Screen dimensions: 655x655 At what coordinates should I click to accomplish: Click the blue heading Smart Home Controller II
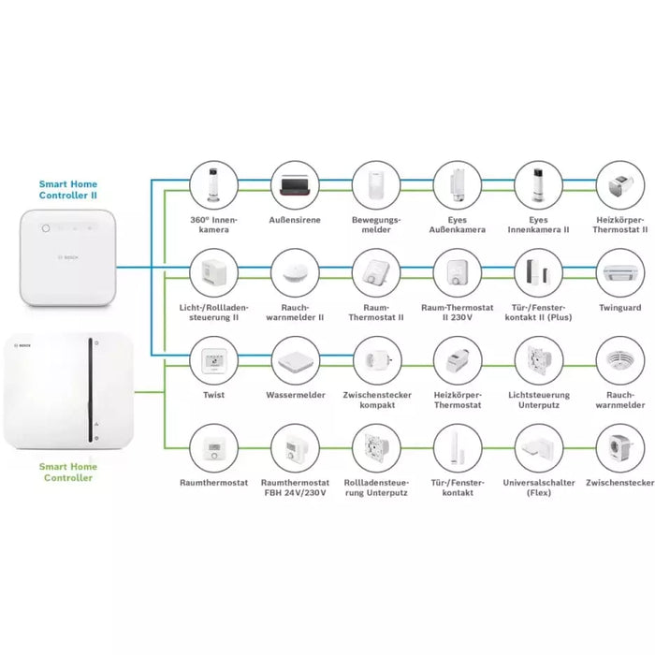point(67,190)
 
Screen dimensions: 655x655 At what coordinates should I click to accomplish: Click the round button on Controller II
point(43,227)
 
